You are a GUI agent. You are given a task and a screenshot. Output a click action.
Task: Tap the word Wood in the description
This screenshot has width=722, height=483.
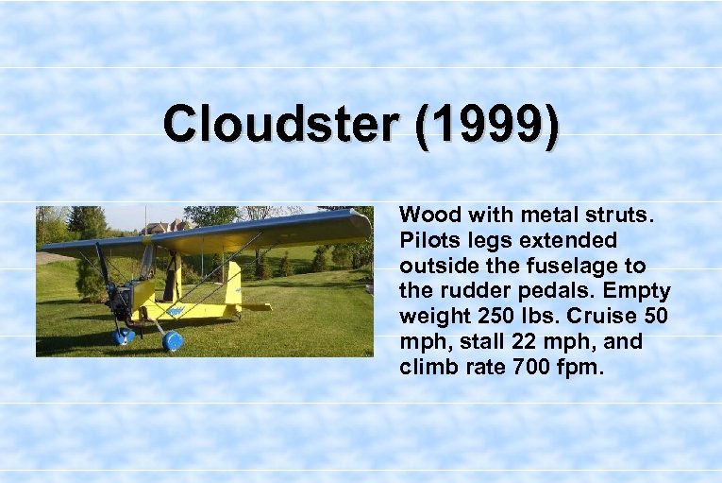pos(429,216)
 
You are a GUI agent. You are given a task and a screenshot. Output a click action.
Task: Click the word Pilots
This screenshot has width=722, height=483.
pos(430,241)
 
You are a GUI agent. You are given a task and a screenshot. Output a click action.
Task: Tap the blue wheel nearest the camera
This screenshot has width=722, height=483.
pos(173,341)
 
